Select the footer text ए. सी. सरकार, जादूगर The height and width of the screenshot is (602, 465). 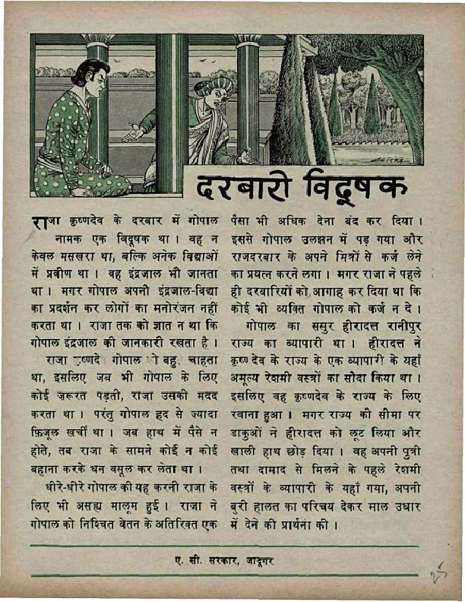tap(222, 562)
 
